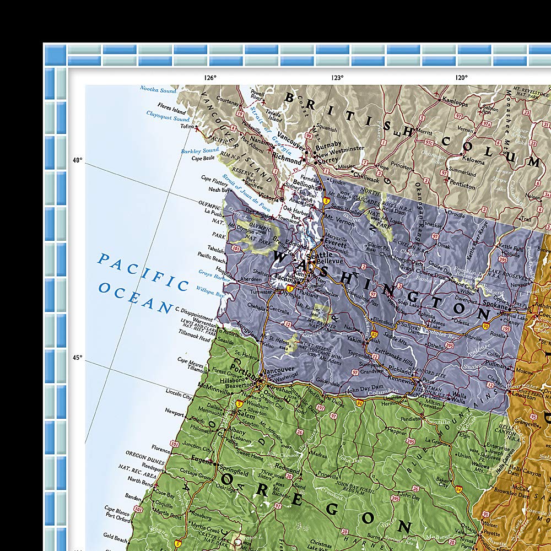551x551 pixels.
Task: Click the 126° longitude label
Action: click(x=210, y=78)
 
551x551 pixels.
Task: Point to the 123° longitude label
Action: click(x=337, y=78)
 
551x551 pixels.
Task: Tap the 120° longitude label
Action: click(x=461, y=78)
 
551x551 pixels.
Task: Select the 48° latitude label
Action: click(x=77, y=161)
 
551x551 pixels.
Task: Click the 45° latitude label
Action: click(x=77, y=358)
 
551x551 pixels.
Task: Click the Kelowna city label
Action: click(x=473, y=162)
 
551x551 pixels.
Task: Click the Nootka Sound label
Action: click(x=158, y=89)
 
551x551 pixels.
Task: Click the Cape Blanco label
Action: click(x=116, y=509)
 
